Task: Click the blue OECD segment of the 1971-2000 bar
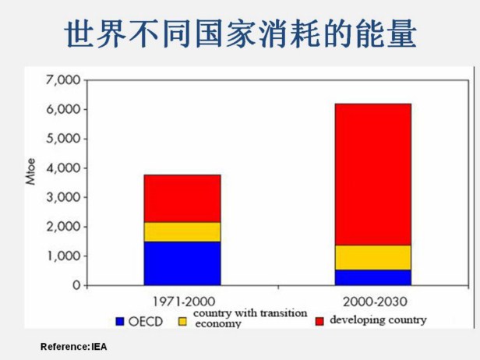click(x=182, y=263)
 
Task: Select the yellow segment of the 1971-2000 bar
click(x=182, y=232)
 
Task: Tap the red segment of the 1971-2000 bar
click(x=182, y=199)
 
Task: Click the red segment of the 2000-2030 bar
click(x=372, y=175)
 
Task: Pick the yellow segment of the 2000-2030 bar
click(x=372, y=258)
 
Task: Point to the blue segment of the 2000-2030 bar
click(x=372, y=277)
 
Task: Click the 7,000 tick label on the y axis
click(x=63, y=80)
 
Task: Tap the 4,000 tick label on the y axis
click(x=63, y=168)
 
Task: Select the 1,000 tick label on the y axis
click(x=63, y=256)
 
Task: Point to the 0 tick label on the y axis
click(x=76, y=286)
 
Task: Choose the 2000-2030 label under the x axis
click(x=372, y=301)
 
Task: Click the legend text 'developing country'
click(x=378, y=319)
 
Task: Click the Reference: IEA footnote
click(x=73, y=345)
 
